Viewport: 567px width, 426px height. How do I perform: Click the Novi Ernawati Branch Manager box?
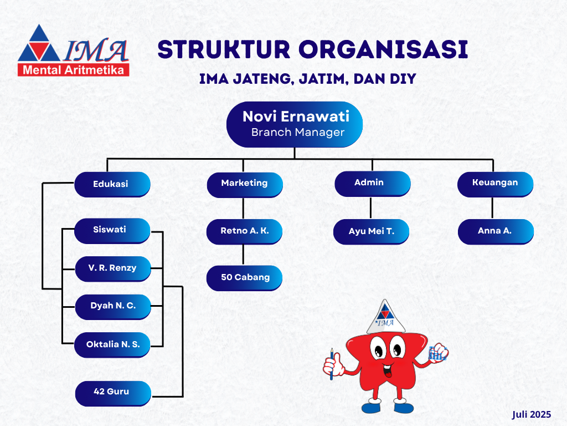pos(295,125)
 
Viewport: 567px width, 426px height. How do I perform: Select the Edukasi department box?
pos(112,184)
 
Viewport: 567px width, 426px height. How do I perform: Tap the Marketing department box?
pos(245,185)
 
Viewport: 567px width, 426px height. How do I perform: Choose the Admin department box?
pos(373,184)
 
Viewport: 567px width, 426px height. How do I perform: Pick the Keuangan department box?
pos(495,184)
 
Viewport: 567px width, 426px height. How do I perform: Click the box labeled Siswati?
pos(112,231)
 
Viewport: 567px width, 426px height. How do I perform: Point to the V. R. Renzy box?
pos(113,269)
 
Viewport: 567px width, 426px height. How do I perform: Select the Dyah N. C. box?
pos(113,307)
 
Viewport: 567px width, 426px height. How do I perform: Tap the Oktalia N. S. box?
pos(112,345)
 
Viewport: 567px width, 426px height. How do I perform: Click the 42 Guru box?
pos(113,393)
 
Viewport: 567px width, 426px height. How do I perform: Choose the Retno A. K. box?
pos(244,232)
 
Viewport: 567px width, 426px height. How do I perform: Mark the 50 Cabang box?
pos(244,278)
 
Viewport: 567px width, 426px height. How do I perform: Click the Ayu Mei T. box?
pos(371,232)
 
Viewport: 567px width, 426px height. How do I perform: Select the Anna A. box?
pos(496,232)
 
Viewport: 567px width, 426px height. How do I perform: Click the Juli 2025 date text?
pos(531,414)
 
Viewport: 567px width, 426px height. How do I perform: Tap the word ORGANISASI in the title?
pos(383,49)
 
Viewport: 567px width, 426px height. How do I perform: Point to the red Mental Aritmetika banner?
pos(74,70)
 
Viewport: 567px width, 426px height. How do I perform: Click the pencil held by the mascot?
pos(332,364)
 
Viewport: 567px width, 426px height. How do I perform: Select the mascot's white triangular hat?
pos(385,317)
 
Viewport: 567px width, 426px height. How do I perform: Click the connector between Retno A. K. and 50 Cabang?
pos(243,255)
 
